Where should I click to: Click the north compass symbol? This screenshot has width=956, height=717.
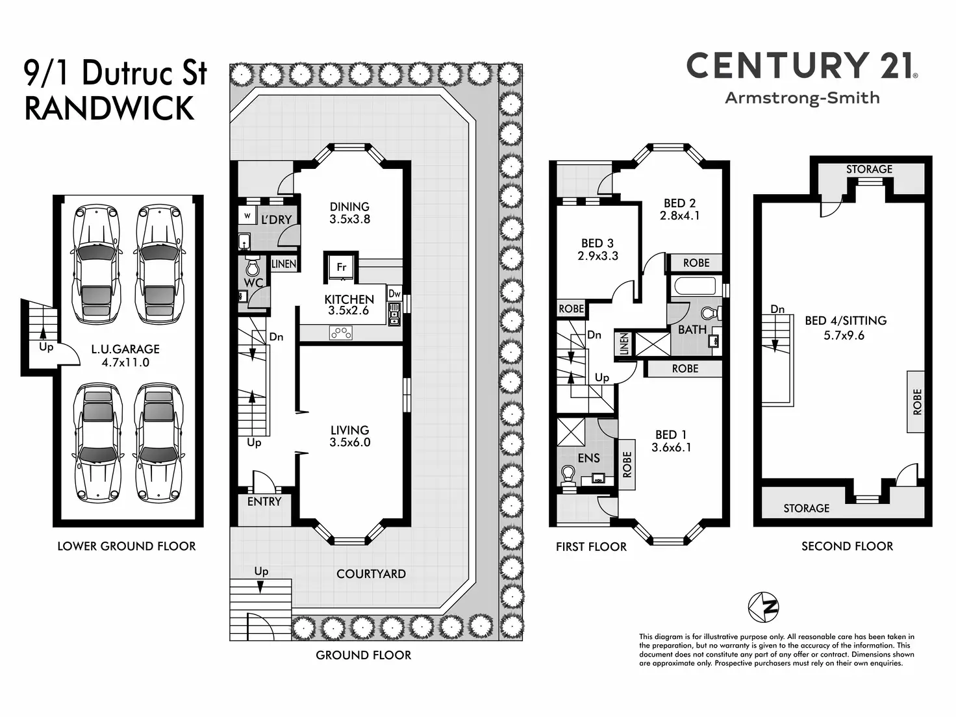click(x=764, y=607)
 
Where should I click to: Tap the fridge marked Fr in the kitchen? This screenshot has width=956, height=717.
click(x=342, y=267)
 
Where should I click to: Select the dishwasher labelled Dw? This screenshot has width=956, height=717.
click(x=394, y=294)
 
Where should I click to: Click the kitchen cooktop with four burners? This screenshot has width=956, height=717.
click(x=341, y=333)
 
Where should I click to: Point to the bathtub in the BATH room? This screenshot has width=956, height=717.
click(x=695, y=286)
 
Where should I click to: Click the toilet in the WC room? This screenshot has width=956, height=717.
click(x=252, y=266)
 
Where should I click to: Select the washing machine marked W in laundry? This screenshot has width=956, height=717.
click(x=247, y=216)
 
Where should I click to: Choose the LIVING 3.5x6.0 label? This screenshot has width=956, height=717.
click(x=349, y=436)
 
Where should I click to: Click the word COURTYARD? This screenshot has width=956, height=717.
click(x=371, y=573)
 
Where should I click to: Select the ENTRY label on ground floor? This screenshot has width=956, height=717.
click(x=264, y=501)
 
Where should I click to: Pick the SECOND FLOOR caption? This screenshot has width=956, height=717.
click(x=847, y=546)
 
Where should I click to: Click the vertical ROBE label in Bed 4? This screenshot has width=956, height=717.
click(x=916, y=401)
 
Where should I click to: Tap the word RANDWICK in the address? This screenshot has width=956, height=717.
click(x=110, y=108)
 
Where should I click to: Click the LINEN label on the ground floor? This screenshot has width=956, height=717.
click(x=284, y=264)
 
